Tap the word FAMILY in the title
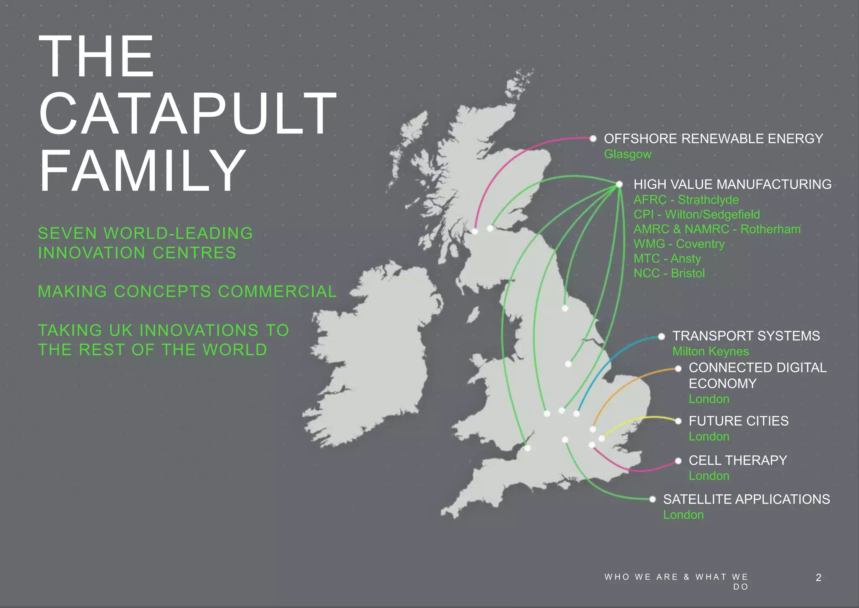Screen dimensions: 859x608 tap(143, 171)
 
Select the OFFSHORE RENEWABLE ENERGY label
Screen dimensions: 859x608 tap(713, 139)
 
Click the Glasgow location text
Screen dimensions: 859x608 tap(627, 154)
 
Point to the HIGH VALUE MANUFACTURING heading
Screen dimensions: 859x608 tap(732, 185)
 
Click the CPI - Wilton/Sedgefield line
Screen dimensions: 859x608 tap(696, 214)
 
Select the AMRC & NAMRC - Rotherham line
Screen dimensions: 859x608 tap(717, 229)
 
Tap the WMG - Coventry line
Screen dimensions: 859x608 tap(679, 244)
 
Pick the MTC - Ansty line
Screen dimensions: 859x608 tap(667, 258)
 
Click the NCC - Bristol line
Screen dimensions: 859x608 tap(669, 273)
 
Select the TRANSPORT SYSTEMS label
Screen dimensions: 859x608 tap(746, 336)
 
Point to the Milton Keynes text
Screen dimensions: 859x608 tap(711, 351)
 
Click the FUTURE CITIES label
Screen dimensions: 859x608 tap(738, 421)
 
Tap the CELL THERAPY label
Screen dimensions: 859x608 tap(737, 460)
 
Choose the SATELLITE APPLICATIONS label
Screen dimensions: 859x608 tap(746, 499)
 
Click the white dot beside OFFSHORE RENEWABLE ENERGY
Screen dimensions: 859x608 tap(593, 138)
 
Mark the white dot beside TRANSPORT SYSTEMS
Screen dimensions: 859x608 tap(661, 337)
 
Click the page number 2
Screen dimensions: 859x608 tap(818, 578)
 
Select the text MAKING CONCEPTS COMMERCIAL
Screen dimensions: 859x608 tap(187, 292)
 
